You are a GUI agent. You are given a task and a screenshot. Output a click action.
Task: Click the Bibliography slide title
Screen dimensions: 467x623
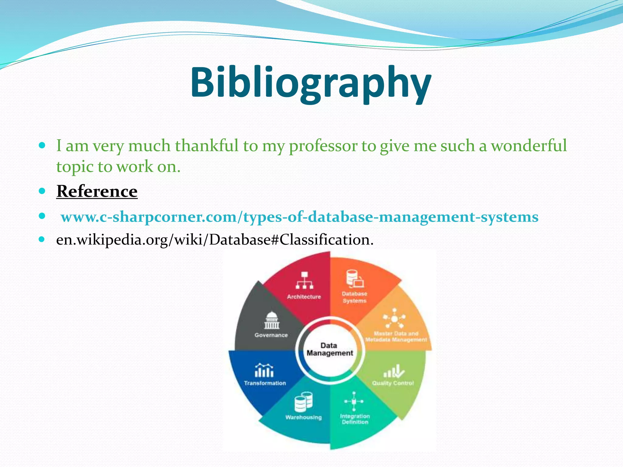pos(311,83)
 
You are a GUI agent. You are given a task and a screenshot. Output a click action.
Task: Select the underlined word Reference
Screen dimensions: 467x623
pos(97,191)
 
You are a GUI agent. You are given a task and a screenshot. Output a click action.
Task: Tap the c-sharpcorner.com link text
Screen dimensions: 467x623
pos(299,217)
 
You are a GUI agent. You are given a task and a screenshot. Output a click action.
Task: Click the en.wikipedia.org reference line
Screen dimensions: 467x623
pos(214,240)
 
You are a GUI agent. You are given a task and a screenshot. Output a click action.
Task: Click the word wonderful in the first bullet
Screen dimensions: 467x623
pos(529,145)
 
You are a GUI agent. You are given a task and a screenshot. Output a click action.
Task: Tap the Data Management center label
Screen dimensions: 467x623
pos(329,349)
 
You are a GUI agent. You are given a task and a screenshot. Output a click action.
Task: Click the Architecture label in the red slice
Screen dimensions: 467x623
pos(304,297)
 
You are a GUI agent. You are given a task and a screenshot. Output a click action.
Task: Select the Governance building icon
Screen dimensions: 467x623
pos(271,320)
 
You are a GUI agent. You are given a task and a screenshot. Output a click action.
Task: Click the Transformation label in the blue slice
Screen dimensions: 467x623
pos(265,383)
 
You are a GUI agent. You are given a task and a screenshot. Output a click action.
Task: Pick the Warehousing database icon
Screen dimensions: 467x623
pos(303,402)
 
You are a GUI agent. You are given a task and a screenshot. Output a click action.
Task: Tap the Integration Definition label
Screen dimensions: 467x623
pos(355,419)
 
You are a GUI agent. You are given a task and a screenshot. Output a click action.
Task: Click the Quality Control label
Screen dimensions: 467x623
pos(393,383)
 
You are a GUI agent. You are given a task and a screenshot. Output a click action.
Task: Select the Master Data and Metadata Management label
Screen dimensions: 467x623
pos(396,337)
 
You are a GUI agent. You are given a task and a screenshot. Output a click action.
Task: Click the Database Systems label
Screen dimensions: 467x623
pos(354,297)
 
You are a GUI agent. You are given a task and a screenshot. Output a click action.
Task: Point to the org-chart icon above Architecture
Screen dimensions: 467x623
pos(304,280)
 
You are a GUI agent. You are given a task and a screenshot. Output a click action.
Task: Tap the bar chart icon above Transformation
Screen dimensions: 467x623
pos(264,370)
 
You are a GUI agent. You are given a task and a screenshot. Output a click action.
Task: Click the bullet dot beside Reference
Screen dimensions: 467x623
pos(42,191)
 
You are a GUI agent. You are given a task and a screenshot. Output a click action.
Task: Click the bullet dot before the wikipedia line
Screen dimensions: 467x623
pos(42,239)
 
